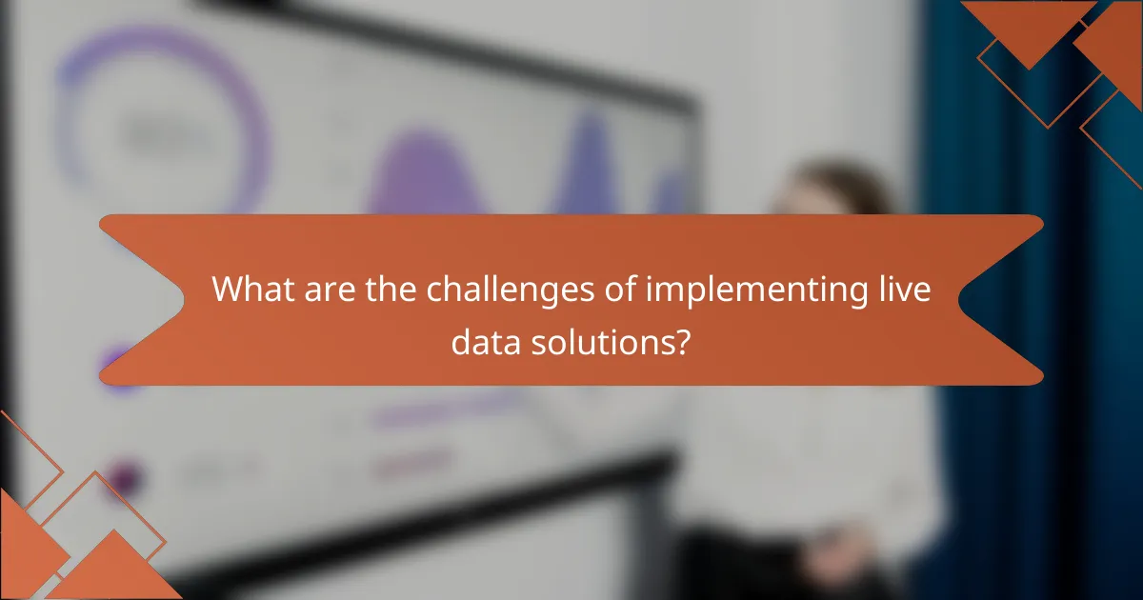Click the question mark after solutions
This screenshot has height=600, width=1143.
point(683,340)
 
